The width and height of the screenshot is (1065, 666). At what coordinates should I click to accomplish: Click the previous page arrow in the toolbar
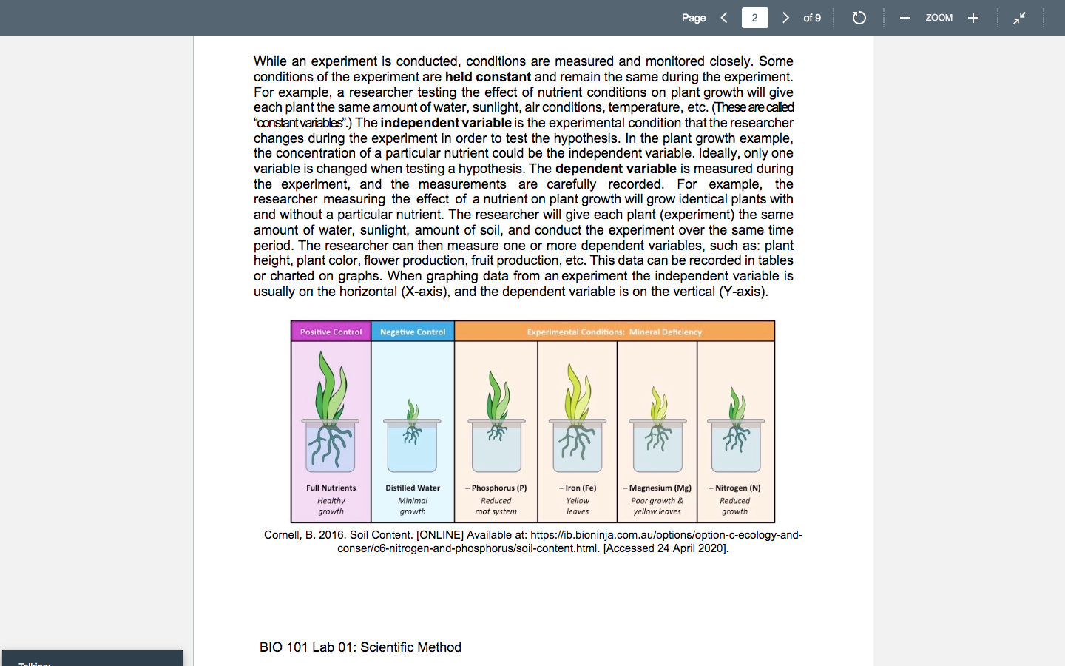[724, 18]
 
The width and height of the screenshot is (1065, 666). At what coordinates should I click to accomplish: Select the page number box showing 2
[754, 18]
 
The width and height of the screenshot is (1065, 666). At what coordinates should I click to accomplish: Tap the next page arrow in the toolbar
[785, 18]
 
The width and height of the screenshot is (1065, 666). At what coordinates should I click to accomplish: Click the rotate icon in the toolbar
[859, 18]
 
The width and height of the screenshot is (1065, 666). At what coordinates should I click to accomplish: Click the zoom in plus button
[973, 18]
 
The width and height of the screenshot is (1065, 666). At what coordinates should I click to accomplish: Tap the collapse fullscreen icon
[1019, 18]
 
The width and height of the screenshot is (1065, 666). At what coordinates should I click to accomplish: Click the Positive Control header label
[331, 332]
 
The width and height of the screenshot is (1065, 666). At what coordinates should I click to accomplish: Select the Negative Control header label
[413, 332]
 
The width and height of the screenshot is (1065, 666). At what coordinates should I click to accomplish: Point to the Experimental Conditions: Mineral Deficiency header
[614, 332]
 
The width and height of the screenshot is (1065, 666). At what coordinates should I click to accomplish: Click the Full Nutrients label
[331, 488]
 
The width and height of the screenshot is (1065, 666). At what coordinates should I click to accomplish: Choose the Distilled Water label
[413, 488]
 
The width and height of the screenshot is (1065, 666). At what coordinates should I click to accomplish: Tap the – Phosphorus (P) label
[496, 488]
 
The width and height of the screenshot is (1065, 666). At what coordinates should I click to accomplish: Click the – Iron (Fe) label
[578, 488]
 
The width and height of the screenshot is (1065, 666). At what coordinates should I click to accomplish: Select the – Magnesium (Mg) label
[657, 488]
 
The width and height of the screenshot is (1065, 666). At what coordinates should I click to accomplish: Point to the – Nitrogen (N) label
[734, 488]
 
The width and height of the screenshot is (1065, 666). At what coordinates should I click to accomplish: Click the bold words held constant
[488, 77]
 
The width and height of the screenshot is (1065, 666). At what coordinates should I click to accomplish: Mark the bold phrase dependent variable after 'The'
[615, 169]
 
